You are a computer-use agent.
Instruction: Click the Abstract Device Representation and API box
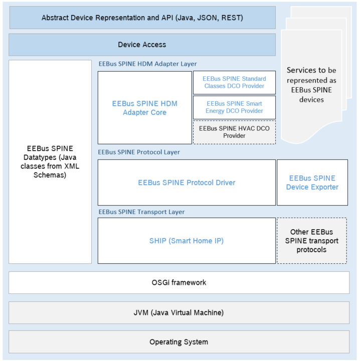tap(142, 18)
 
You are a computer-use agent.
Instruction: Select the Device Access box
tap(142, 45)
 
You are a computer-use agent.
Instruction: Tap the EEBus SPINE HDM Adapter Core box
tap(144, 108)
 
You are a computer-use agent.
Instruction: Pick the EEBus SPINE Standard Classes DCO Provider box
tap(234, 83)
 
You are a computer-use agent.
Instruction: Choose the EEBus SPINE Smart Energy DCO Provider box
tap(234, 107)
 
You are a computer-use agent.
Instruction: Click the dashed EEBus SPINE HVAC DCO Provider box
tap(234, 132)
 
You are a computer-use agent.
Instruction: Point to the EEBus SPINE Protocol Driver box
tap(187, 183)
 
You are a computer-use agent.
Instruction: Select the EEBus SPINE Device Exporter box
tap(312, 183)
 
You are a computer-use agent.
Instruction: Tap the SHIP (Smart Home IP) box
tap(187, 241)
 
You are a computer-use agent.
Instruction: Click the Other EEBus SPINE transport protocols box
tap(312, 241)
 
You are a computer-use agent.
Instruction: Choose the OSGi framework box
tap(179, 282)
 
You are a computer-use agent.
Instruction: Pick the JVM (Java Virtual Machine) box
tap(179, 312)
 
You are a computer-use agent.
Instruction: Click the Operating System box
tap(179, 342)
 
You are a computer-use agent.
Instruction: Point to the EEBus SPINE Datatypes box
tap(50, 162)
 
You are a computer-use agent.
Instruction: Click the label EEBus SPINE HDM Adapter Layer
tap(147, 64)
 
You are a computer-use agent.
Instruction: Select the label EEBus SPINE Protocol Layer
tap(139, 152)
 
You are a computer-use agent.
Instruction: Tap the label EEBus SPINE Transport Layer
tap(141, 212)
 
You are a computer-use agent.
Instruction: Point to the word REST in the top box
tap(232, 18)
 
